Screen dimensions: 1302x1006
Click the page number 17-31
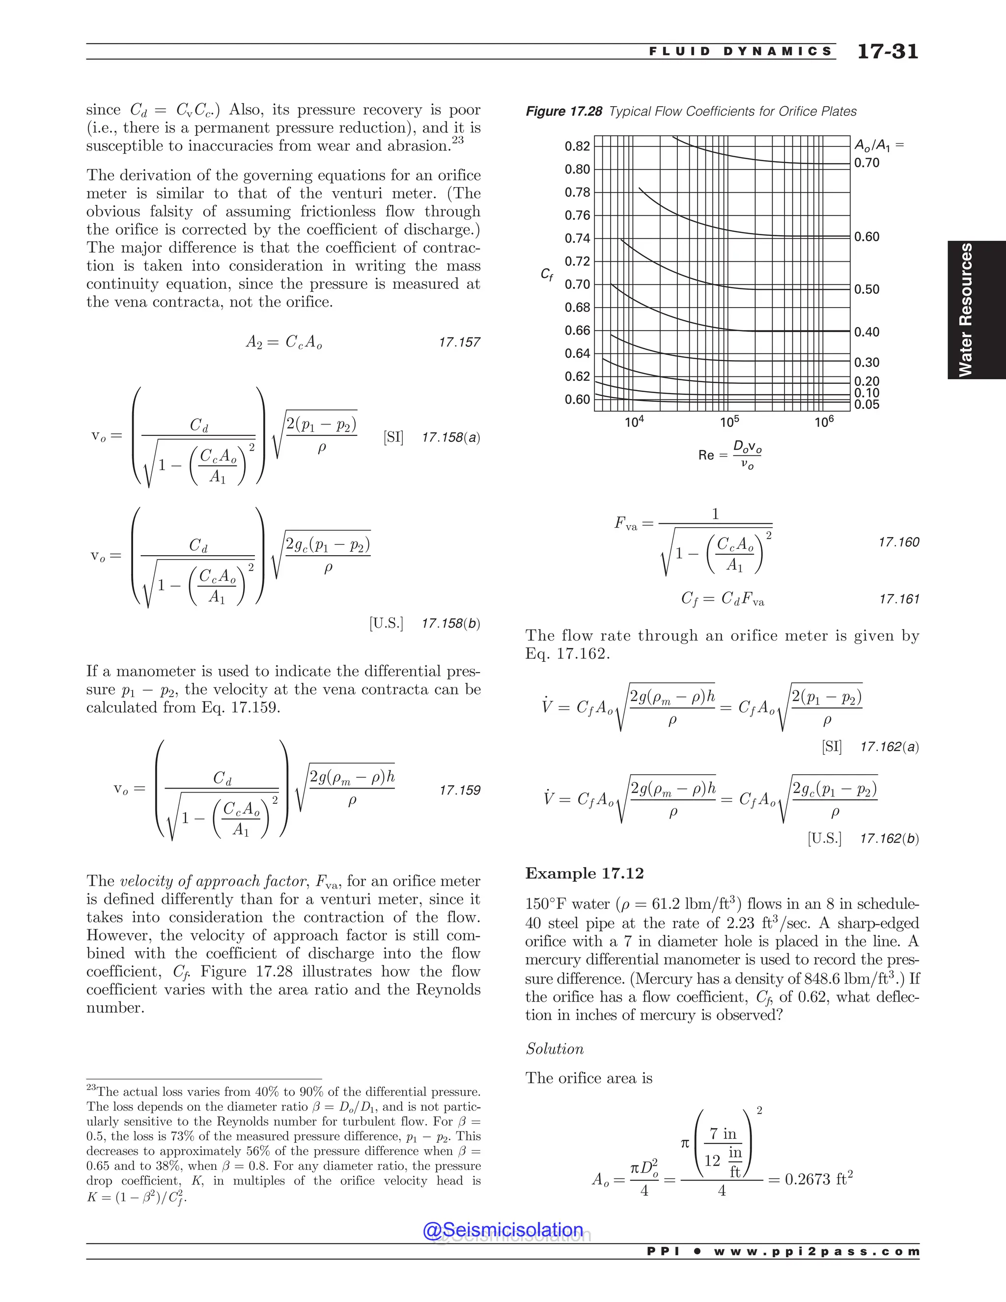click(x=888, y=51)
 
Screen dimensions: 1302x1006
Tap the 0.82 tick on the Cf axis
click(x=577, y=146)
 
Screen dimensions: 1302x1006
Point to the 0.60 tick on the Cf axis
click(x=577, y=399)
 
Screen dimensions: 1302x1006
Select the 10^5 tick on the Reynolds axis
click(x=729, y=422)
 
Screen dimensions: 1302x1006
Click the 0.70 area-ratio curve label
click(x=866, y=163)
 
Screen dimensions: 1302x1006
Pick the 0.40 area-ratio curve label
click(x=866, y=332)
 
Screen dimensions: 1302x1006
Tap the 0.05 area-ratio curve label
click(x=866, y=405)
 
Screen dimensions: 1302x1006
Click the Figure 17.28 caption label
click(x=564, y=112)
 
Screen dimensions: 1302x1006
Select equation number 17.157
click(x=459, y=342)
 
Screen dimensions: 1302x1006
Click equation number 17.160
click(x=899, y=542)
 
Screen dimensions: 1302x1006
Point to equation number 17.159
click(x=459, y=791)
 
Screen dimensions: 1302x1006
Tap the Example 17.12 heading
click(x=584, y=874)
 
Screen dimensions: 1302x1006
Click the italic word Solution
click(x=554, y=1048)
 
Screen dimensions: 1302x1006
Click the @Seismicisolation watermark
click(x=503, y=1230)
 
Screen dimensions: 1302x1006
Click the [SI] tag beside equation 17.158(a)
click(x=393, y=438)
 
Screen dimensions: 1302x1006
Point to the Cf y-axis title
click(x=546, y=274)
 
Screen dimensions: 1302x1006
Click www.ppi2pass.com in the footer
click(x=816, y=1251)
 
